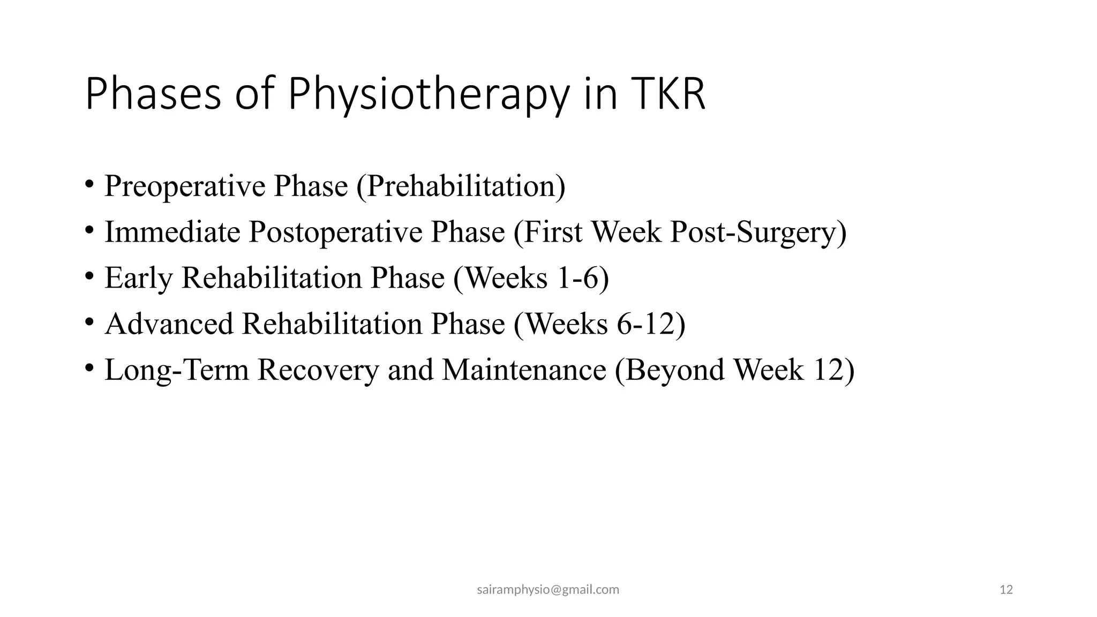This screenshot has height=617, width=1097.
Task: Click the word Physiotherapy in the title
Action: (x=428, y=95)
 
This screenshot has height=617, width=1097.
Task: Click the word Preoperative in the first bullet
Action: (x=185, y=186)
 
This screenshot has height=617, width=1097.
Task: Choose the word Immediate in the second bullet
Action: (x=172, y=232)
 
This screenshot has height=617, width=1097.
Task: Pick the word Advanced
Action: (x=169, y=324)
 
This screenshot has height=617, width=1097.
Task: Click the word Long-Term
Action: (x=177, y=370)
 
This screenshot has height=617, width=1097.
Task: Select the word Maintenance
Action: (x=524, y=370)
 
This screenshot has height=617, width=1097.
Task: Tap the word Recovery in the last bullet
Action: (x=318, y=370)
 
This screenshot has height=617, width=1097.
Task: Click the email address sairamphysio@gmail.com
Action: (x=548, y=590)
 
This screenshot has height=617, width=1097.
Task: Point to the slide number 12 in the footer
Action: (x=1006, y=590)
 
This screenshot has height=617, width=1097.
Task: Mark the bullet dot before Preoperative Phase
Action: (x=89, y=185)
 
